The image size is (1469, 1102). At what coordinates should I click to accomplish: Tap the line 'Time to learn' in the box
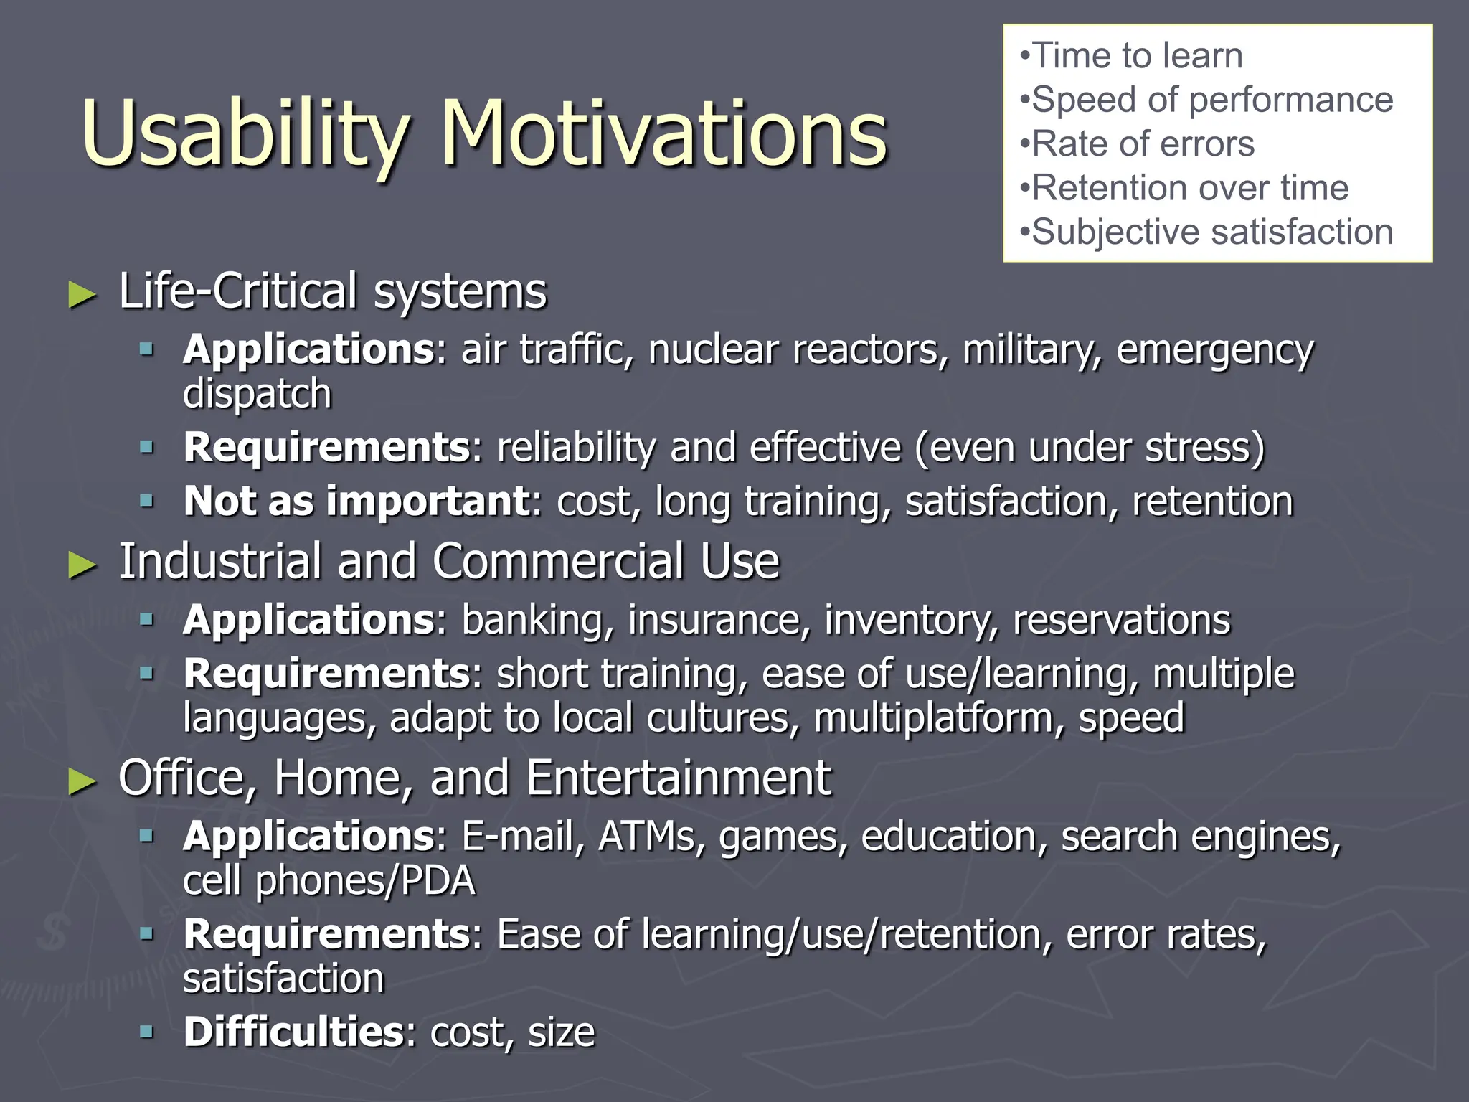click(x=1136, y=56)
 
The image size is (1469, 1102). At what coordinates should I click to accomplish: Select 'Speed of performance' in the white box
click(x=1211, y=100)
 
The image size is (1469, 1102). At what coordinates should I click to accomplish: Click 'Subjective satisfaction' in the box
click(x=1211, y=232)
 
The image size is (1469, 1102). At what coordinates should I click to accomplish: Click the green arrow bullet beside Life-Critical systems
click(x=82, y=295)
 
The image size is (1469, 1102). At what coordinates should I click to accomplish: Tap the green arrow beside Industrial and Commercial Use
click(x=82, y=565)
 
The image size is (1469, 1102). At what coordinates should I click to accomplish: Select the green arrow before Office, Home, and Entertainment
click(x=82, y=781)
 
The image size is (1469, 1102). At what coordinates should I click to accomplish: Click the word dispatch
click(x=258, y=394)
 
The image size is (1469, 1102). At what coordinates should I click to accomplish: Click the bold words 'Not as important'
click(x=356, y=501)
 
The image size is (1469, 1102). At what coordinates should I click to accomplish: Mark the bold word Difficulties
click(x=294, y=1032)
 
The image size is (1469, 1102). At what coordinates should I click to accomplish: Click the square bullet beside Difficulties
click(x=147, y=1032)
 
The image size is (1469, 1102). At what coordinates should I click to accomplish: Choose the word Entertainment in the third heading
click(x=679, y=778)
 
